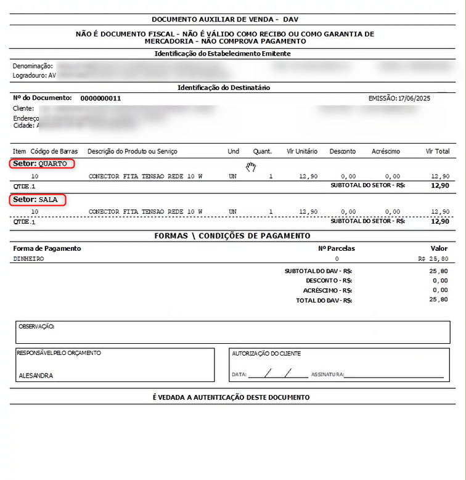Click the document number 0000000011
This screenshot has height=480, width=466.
tap(100, 99)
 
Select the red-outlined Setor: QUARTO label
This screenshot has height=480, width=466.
tap(42, 164)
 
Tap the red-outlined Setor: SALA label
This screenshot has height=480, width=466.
tap(38, 200)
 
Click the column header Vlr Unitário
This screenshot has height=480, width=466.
tap(302, 151)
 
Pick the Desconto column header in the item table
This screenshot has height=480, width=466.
tap(343, 151)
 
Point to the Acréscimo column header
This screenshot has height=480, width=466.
tap(386, 151)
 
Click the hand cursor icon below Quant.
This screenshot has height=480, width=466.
tap(250, 166)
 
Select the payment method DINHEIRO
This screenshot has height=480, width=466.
tap(28, 259)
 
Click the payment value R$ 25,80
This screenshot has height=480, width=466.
tap(433, 259)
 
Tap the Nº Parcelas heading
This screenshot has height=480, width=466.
tap(336, 248)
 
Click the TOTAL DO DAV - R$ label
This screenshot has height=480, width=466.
tap(324, 300)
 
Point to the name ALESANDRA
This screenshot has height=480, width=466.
tap(36, 375)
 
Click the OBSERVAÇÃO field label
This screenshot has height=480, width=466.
tap(36, 326)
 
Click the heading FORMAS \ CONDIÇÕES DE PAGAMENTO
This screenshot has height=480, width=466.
tap(232, 236)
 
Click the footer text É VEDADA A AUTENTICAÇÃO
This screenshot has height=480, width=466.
tap(231, 397)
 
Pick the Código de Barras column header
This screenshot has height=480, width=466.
tap(53, 151)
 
